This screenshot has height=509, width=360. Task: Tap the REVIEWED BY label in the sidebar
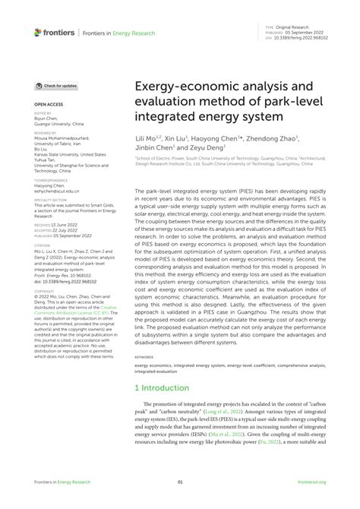click(46, 131)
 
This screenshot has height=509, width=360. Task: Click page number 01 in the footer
click(180, 501)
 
